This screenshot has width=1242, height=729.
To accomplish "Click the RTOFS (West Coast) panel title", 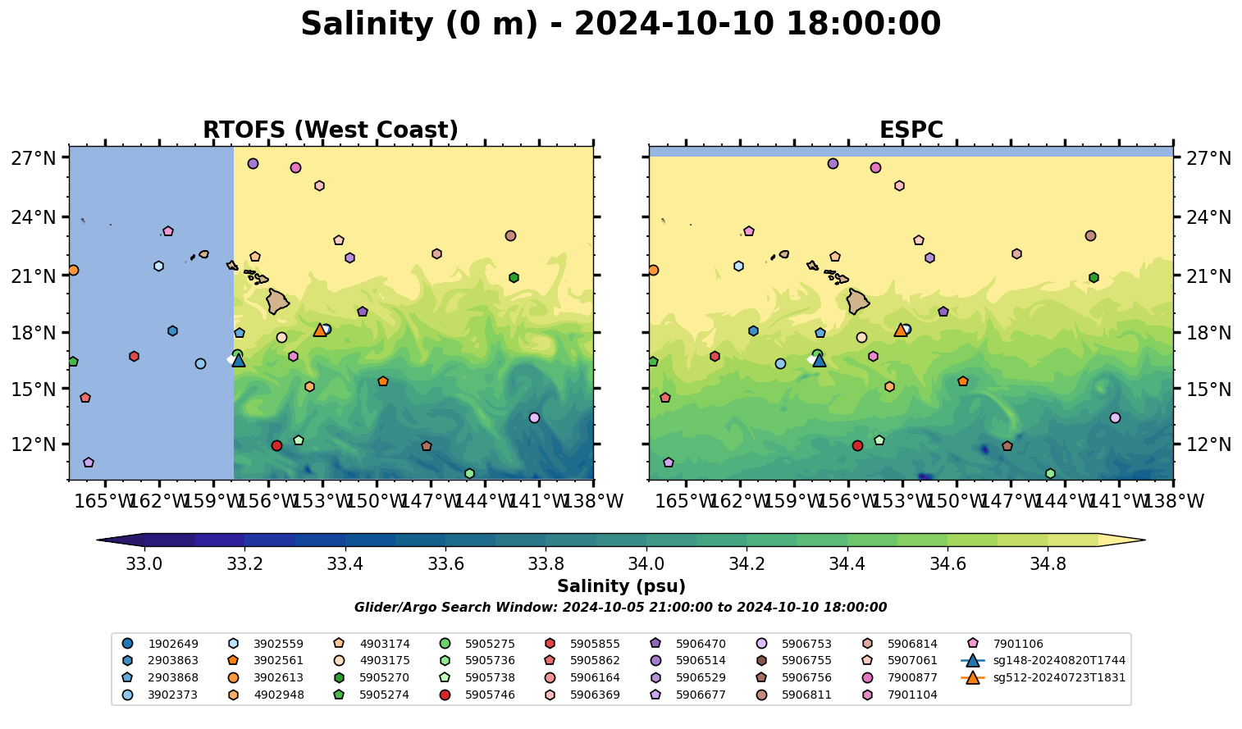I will pos(330,130).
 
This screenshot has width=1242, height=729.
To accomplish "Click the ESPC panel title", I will pos(911,130).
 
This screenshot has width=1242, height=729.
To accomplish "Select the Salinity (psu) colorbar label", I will pos(621,586).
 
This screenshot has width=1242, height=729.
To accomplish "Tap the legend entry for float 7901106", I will pos(1018,645).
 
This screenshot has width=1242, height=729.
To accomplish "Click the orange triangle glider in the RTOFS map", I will pos(320,330).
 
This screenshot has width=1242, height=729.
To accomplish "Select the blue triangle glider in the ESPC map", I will pos(819,360).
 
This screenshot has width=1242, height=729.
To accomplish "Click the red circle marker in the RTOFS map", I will pos(276,445).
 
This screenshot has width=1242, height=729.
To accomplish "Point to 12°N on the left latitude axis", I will pos(33,444).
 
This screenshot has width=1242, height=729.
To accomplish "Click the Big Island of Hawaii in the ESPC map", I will pos(858,301).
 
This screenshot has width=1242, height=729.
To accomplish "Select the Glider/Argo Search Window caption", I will pos(620,608).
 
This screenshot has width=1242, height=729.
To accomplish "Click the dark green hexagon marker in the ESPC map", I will pos(1094,277).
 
